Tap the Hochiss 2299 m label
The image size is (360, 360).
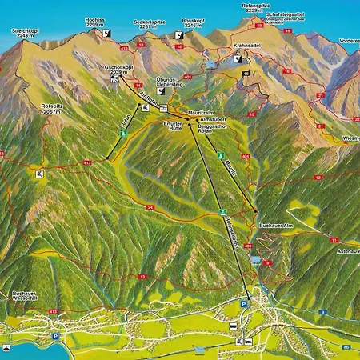95,22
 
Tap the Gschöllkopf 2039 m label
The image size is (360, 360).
118,69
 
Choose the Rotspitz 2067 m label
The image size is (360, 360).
53,110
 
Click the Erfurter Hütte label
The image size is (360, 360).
172,127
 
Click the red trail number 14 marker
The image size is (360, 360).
138,84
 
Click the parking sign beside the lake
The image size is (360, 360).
54,337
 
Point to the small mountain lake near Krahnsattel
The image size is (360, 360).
210,63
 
